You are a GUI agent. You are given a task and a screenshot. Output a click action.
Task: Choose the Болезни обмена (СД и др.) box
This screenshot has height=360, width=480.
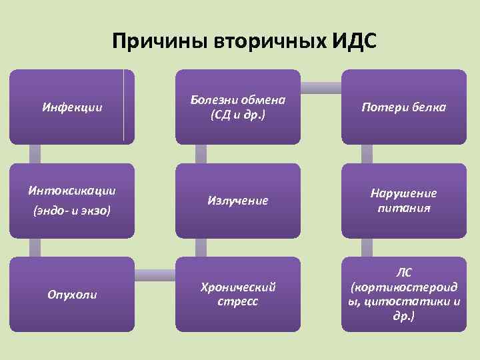(237, 107)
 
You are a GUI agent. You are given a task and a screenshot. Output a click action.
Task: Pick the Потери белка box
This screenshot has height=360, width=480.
(403, 107)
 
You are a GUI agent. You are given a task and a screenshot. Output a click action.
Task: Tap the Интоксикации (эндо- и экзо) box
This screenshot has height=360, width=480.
(72, 199)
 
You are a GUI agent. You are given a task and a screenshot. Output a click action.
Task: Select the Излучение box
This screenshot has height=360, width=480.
(237, 199)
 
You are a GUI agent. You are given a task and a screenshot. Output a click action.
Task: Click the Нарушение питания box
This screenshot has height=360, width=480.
(403, 199)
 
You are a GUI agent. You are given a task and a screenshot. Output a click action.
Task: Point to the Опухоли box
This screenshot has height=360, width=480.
(72, 294)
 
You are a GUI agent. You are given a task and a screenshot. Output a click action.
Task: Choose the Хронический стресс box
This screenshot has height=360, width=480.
(237, 294)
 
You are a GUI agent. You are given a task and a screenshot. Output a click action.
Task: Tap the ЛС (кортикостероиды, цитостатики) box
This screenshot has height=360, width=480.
(403, 294)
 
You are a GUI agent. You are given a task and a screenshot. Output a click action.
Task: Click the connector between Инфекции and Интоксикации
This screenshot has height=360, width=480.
(35, 154)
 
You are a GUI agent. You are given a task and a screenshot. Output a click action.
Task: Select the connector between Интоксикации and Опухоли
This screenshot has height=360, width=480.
(35, 247)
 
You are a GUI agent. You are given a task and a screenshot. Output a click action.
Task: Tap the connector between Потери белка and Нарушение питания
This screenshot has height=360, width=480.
(367, 154)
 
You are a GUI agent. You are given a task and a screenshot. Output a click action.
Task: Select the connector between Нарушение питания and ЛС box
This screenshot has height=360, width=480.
(367, 247)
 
